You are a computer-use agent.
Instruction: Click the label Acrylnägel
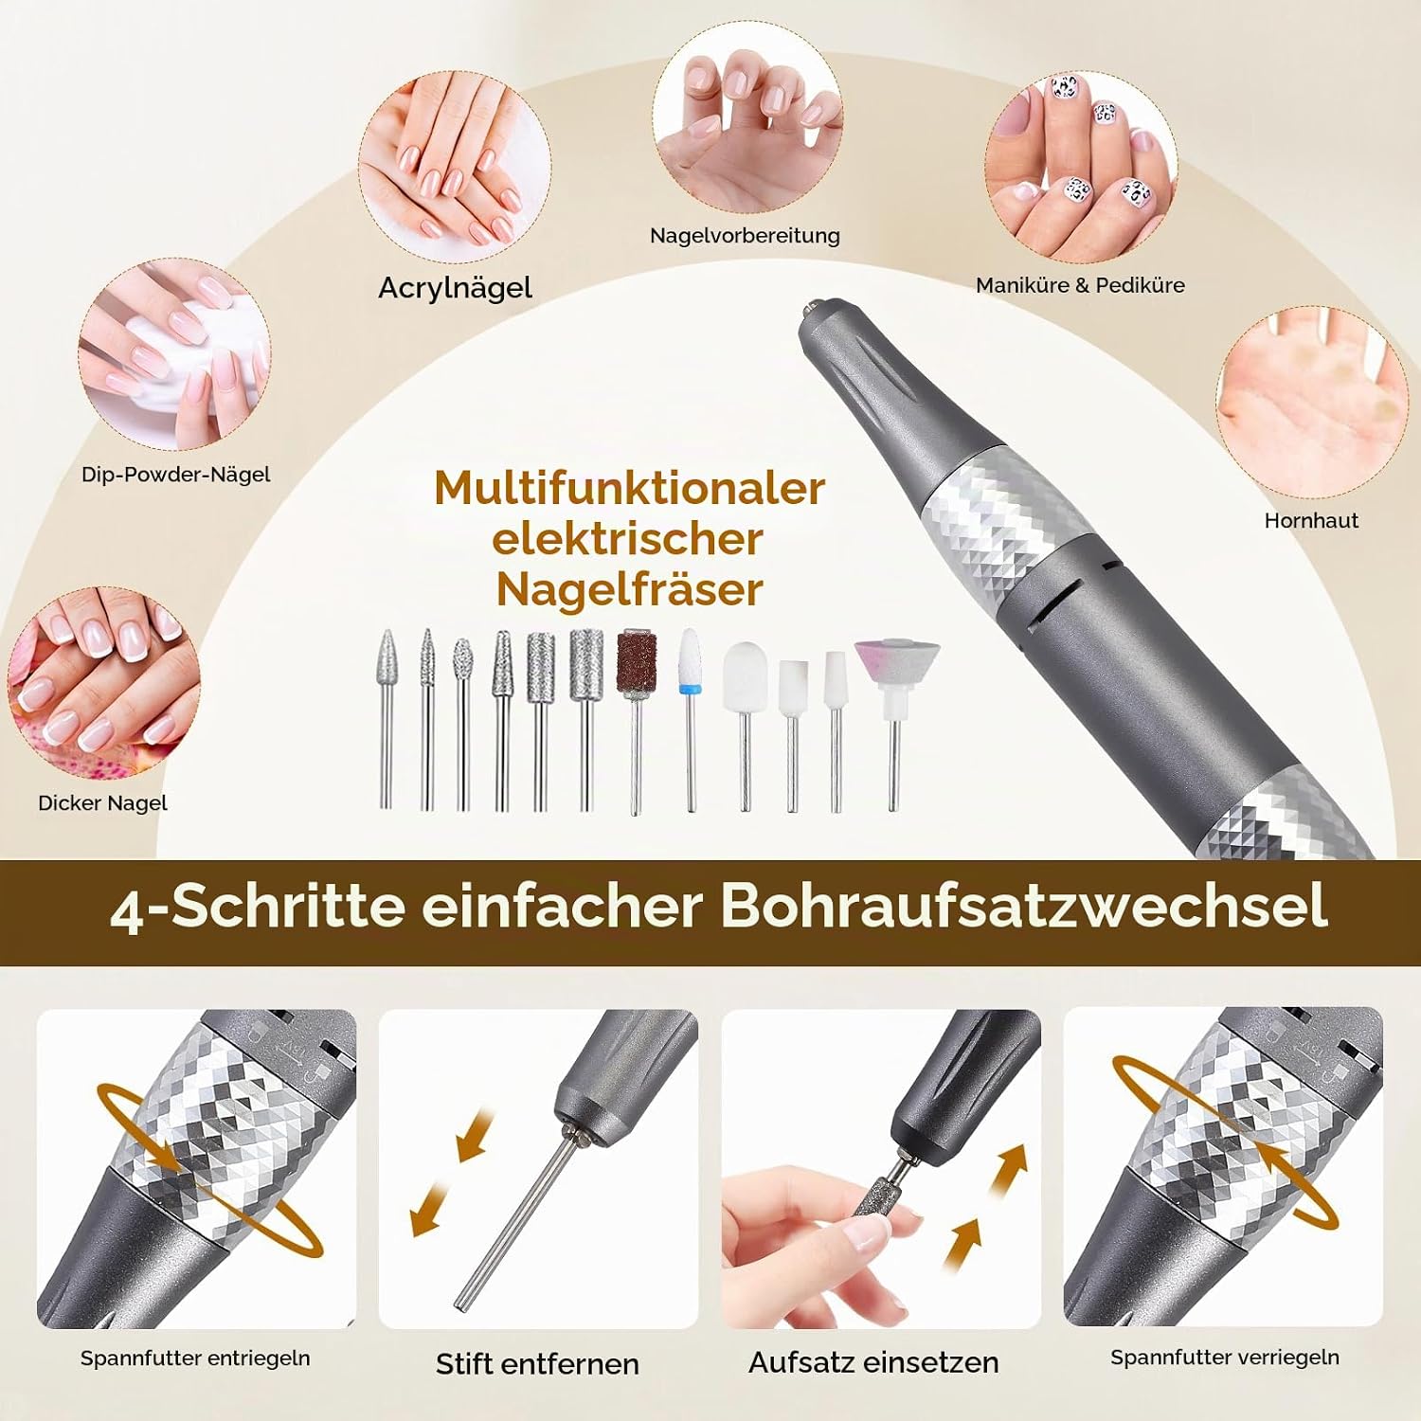(455, 288)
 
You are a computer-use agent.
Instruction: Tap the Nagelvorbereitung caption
(745, 236)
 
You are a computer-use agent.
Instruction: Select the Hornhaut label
(1311, 520)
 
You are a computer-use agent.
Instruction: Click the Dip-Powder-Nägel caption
(175, 475)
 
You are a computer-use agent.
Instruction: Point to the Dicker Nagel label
(102, 803)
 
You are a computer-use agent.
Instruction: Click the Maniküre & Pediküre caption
(1080, 285)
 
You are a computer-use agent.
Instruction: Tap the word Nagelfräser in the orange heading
(629, 589)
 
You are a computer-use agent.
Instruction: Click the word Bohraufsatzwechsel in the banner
(1024, 907)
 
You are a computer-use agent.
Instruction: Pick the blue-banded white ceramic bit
(690, 720)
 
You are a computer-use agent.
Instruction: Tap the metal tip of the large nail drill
(811, 307)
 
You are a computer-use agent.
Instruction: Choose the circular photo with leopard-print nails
(1080, 171)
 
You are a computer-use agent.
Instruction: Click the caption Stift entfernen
(537, 1364)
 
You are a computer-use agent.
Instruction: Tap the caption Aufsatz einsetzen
(873, 1362)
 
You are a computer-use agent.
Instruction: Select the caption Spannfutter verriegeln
(1225, 1358)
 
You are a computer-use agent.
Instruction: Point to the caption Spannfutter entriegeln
(195, 1358)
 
